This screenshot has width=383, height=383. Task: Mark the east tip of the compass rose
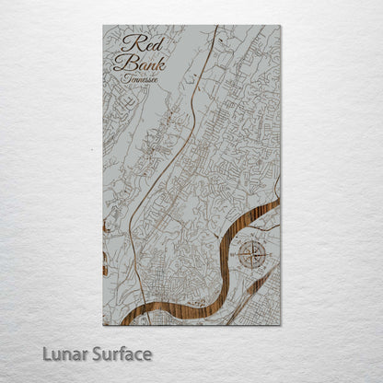point(270,255)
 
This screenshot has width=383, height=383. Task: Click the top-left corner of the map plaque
point(102,26)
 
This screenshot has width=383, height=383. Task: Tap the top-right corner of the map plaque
point(281,26)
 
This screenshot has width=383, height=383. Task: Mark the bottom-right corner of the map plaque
point(281,326)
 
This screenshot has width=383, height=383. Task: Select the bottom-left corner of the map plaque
point(102,326)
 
